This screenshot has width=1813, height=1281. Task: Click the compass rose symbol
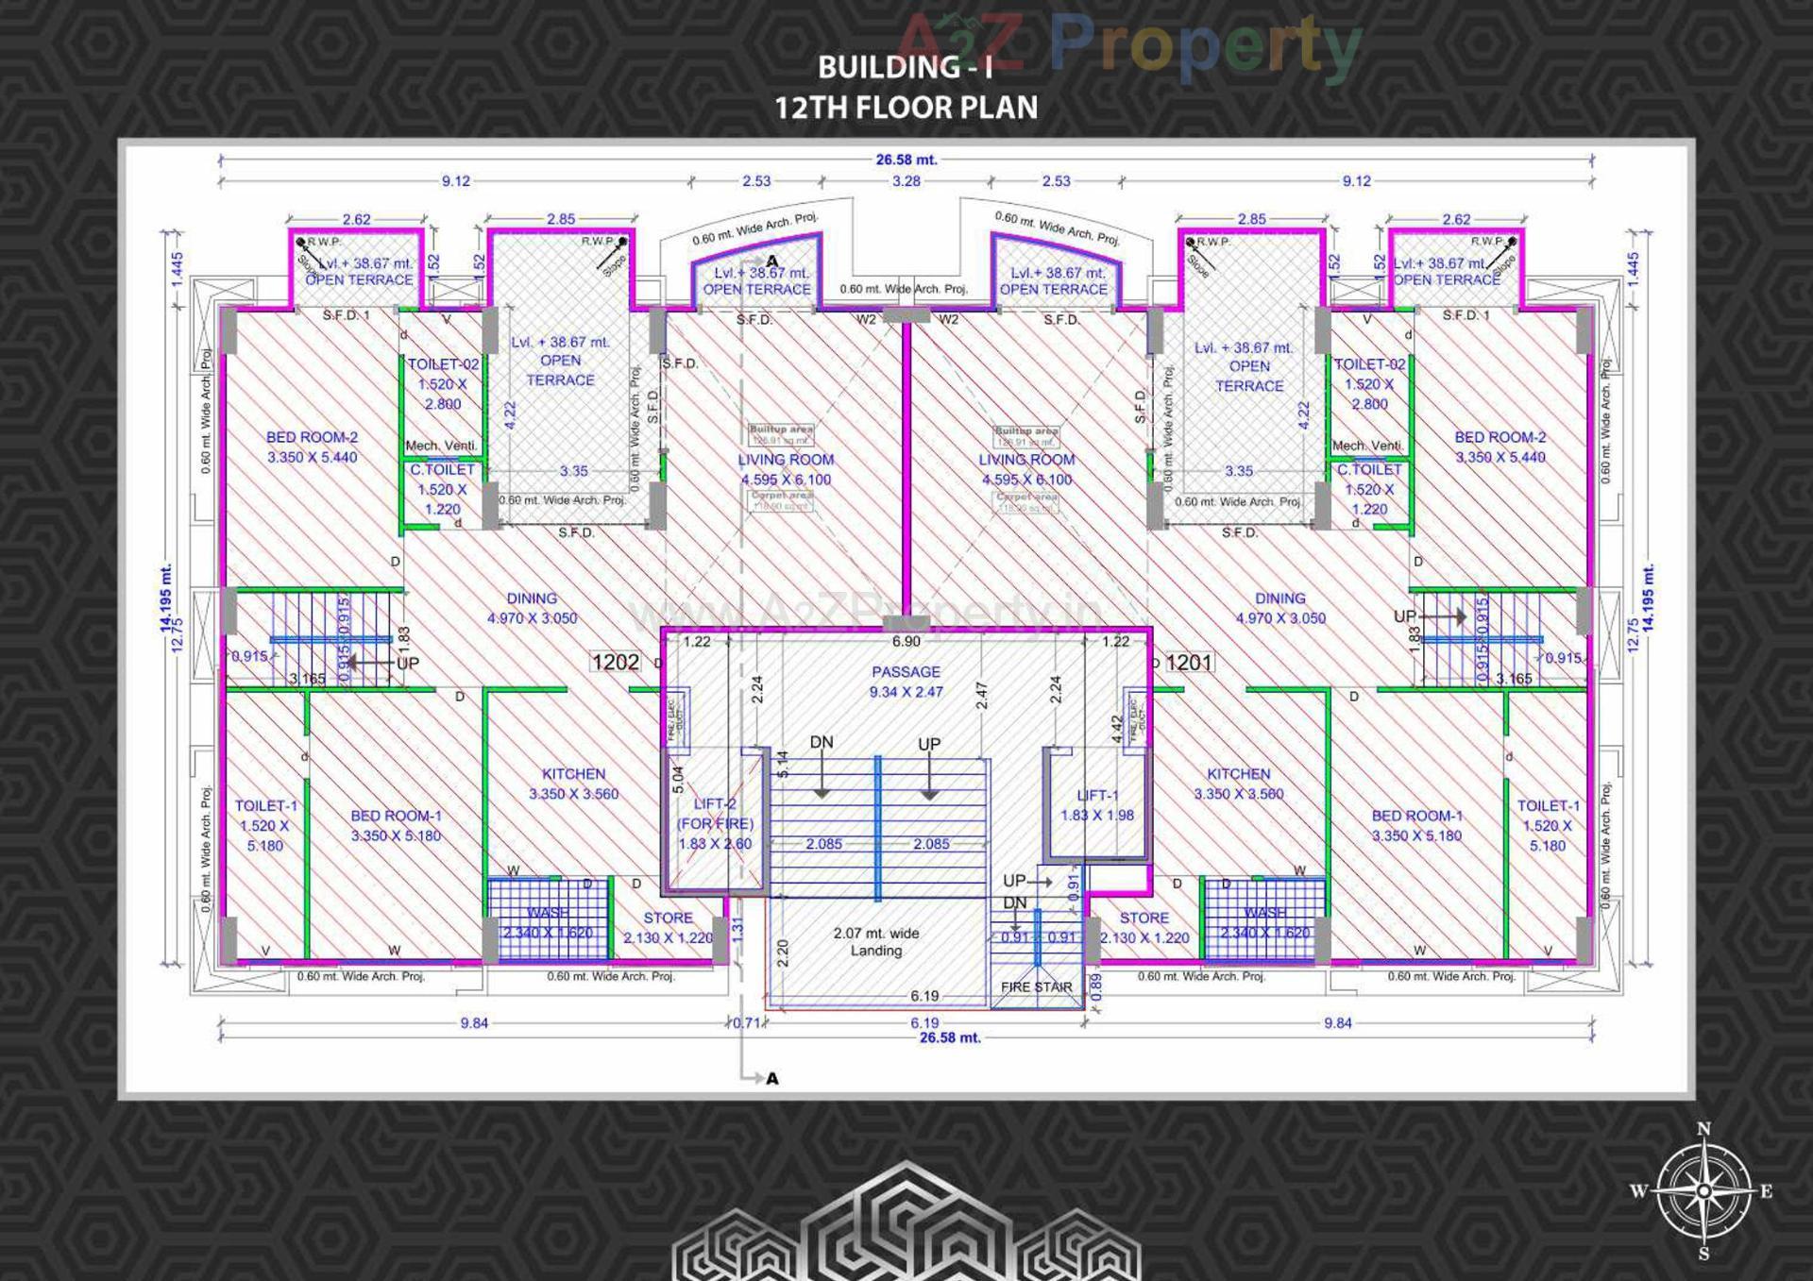[x=1703, y=1191]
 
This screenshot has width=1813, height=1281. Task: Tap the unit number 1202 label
[x=616, y=663]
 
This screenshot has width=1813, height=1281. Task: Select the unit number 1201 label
[x=1188, y=663]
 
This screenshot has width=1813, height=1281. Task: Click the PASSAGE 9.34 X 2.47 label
[x=906, y=682]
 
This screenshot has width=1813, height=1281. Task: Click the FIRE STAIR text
[x=1036, y=986]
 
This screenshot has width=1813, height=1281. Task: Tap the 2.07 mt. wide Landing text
[x=875, y=941]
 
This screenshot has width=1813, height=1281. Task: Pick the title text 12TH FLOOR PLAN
[x=906, y=108]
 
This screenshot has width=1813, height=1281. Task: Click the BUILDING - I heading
[x=906, y=67]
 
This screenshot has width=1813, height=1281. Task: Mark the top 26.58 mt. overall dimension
[x=906, y=160]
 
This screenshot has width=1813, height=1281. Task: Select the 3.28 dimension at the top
[x=906, y=180]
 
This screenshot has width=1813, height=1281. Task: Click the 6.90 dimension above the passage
[x=906, y=642]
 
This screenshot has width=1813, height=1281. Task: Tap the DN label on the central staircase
[x=822, y=743]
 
